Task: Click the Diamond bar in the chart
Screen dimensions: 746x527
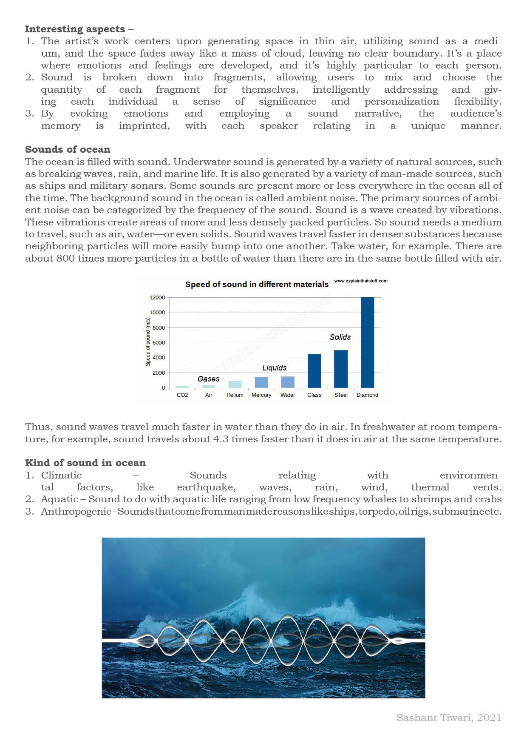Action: pos(367,342)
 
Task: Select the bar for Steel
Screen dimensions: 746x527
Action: pos(341,369)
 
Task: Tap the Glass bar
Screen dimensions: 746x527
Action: pos(314,370)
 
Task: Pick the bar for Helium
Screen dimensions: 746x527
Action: pos(235,384)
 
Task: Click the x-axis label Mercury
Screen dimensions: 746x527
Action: pos(261,395)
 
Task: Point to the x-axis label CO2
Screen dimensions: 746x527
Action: pos(182,395)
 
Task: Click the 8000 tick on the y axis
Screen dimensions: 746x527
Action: pos(159,328)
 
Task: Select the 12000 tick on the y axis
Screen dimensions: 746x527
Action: pos(157,298)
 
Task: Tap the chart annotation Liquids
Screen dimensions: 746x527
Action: pos(274,368)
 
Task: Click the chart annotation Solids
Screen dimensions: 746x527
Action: pos(340,337)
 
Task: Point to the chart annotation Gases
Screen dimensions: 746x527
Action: pos(208,379)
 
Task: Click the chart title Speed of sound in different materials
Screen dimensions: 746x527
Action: pos(257,285)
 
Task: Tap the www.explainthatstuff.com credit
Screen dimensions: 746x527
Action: pos(361,281)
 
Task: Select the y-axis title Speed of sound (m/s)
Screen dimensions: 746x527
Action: pos(148,342)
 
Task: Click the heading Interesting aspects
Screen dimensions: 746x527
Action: pos(75,29)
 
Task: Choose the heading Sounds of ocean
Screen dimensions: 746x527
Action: pos(68,150)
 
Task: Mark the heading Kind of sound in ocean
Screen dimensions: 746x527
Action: pos(85,463)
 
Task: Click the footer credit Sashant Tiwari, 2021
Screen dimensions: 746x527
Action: pos(449,718)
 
